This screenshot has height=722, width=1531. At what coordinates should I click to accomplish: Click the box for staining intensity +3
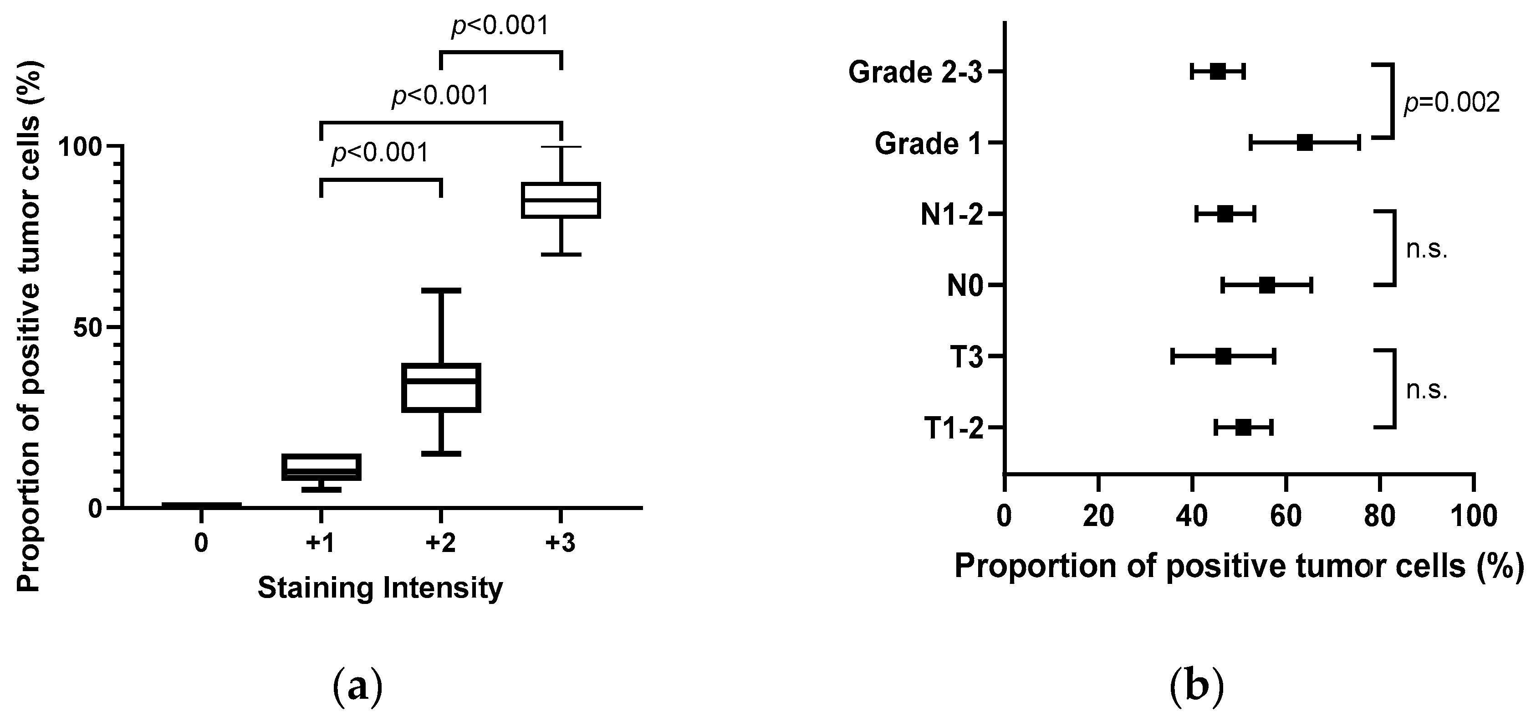(x=561, y=201)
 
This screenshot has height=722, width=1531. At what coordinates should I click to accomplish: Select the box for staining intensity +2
(x=441, y=387)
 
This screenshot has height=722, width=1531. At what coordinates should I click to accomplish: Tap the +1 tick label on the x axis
(x=321, y=543)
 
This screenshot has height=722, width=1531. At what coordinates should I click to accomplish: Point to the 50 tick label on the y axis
(x=90, y=328)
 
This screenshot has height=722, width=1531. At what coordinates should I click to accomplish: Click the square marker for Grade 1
(x=1305, y=143)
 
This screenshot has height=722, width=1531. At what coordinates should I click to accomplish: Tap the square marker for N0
(x=1266, y=285)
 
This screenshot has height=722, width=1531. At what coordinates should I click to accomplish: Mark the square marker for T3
(x=1223, y=357)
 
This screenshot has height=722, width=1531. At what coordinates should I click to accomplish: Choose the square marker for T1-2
(x=1243, y=428)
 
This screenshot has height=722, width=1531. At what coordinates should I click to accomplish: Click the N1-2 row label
(x=951, y=215)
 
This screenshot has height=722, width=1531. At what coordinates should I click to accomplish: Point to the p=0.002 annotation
(x=1451, y=103)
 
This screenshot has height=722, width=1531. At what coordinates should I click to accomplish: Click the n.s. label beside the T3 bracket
(x=1426, y=390)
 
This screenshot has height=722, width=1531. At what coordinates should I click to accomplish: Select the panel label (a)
(x=356, y=687)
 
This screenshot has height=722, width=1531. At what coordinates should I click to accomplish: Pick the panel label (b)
(x=1196, y=687)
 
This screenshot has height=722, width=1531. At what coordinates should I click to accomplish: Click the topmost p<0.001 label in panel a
(x=500, y=26)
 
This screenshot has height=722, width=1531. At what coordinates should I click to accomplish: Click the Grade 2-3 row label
(x=914, y=72)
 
